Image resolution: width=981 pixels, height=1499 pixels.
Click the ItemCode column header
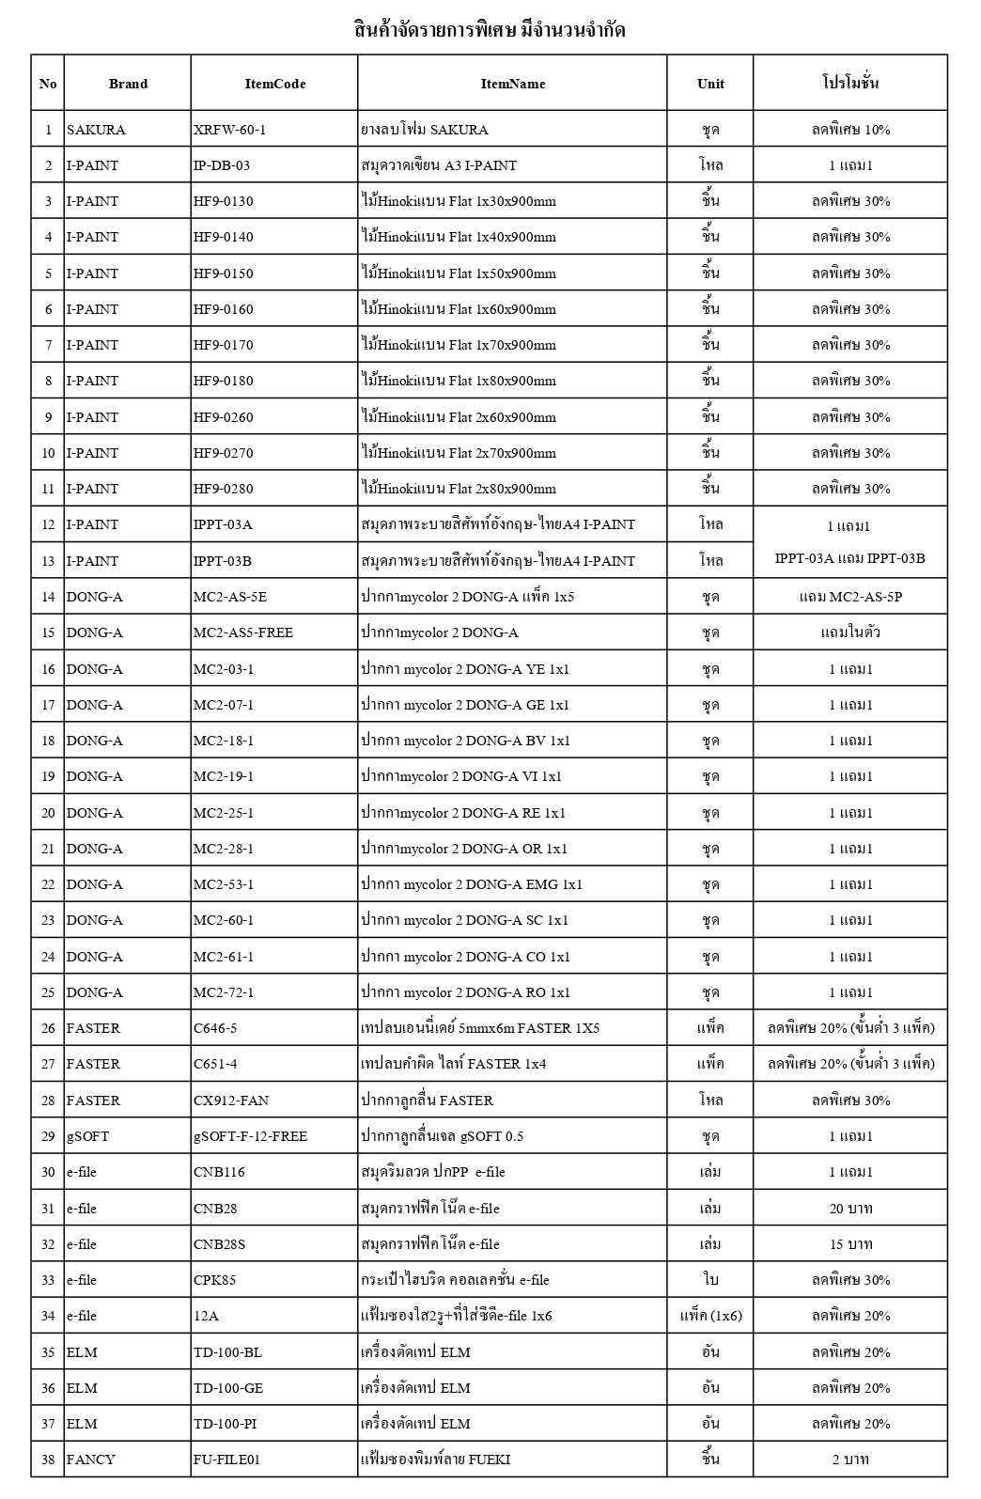(274, 84)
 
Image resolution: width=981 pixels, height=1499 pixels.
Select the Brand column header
(128, 84)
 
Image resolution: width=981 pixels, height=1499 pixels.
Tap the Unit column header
(710, 84)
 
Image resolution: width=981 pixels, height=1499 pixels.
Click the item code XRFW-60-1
(229, 130)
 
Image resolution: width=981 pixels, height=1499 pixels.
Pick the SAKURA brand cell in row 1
(96, 130)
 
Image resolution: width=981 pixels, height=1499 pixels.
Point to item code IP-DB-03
(222, 165)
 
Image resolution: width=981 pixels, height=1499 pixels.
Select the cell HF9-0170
(224, 345)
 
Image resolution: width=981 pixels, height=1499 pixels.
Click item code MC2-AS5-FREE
(243, 632)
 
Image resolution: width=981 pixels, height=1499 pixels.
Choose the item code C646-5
(215, 1028)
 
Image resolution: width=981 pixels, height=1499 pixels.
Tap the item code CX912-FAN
(231, 1101)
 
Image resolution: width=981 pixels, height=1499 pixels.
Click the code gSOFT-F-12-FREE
(250, 1136)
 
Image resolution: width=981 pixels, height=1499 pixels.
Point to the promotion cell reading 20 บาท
(850, 1209)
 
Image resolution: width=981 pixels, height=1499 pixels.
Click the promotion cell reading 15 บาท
(850, 1244)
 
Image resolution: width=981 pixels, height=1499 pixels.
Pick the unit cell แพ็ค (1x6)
(710, 1316)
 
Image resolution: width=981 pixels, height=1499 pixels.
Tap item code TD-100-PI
(226, 1424)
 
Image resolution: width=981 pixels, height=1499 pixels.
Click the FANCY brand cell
(91, 1460)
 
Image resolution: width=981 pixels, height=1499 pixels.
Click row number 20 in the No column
(48, 813)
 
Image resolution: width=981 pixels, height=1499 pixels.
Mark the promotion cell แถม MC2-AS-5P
(850, 597)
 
